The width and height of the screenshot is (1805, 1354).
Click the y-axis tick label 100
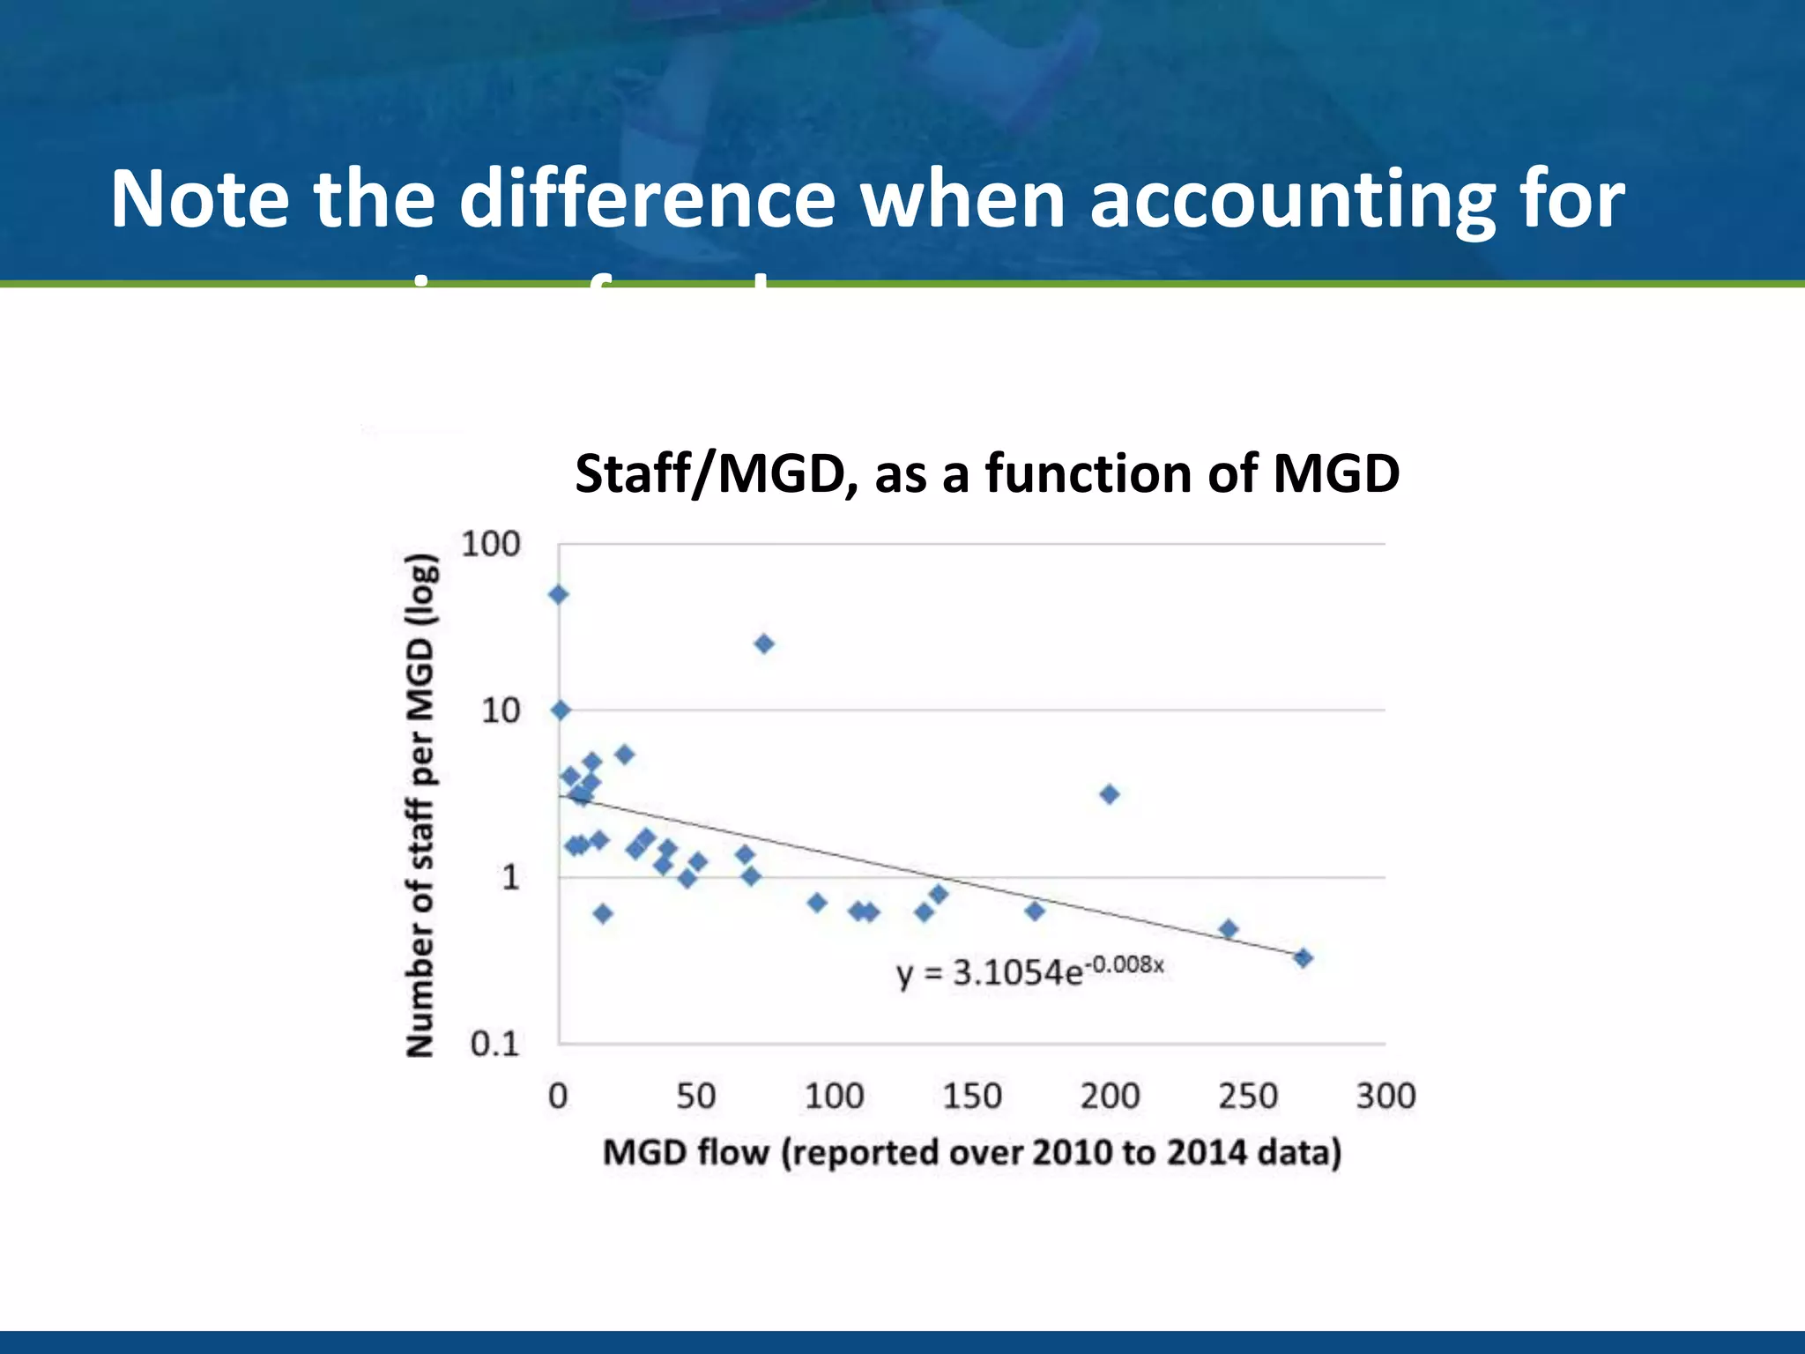click(x=490, y=544)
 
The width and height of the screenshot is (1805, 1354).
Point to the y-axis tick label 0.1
click(x=494, y=1044)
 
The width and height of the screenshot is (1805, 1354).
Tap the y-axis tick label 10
click(x=500, y=710)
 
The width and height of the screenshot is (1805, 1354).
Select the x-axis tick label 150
click(x=971, y=1096)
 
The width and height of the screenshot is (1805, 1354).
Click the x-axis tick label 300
click(x=1385, y=1096)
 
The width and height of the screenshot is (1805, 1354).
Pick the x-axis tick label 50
click(x=695, y=1096)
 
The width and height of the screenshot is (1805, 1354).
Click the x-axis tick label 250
click(x=1247, y=1096)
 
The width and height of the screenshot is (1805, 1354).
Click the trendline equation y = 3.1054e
click(x=989, y=973)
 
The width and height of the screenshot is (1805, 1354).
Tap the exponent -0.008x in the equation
click(x=1125, y=964)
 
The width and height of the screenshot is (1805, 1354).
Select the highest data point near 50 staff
click(x=558, y=595)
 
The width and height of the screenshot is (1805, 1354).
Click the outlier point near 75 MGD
click(x=764, y=644)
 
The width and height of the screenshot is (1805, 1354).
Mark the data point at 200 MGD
click(x=1110, y=794)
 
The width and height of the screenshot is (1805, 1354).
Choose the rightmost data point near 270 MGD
click(x=1303, y=957)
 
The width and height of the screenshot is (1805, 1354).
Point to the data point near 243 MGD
click(x=1229, y=928)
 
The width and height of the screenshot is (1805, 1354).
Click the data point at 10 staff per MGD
click(x=561, y=710)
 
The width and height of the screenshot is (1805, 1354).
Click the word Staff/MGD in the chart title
click(x=716, y=473)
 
